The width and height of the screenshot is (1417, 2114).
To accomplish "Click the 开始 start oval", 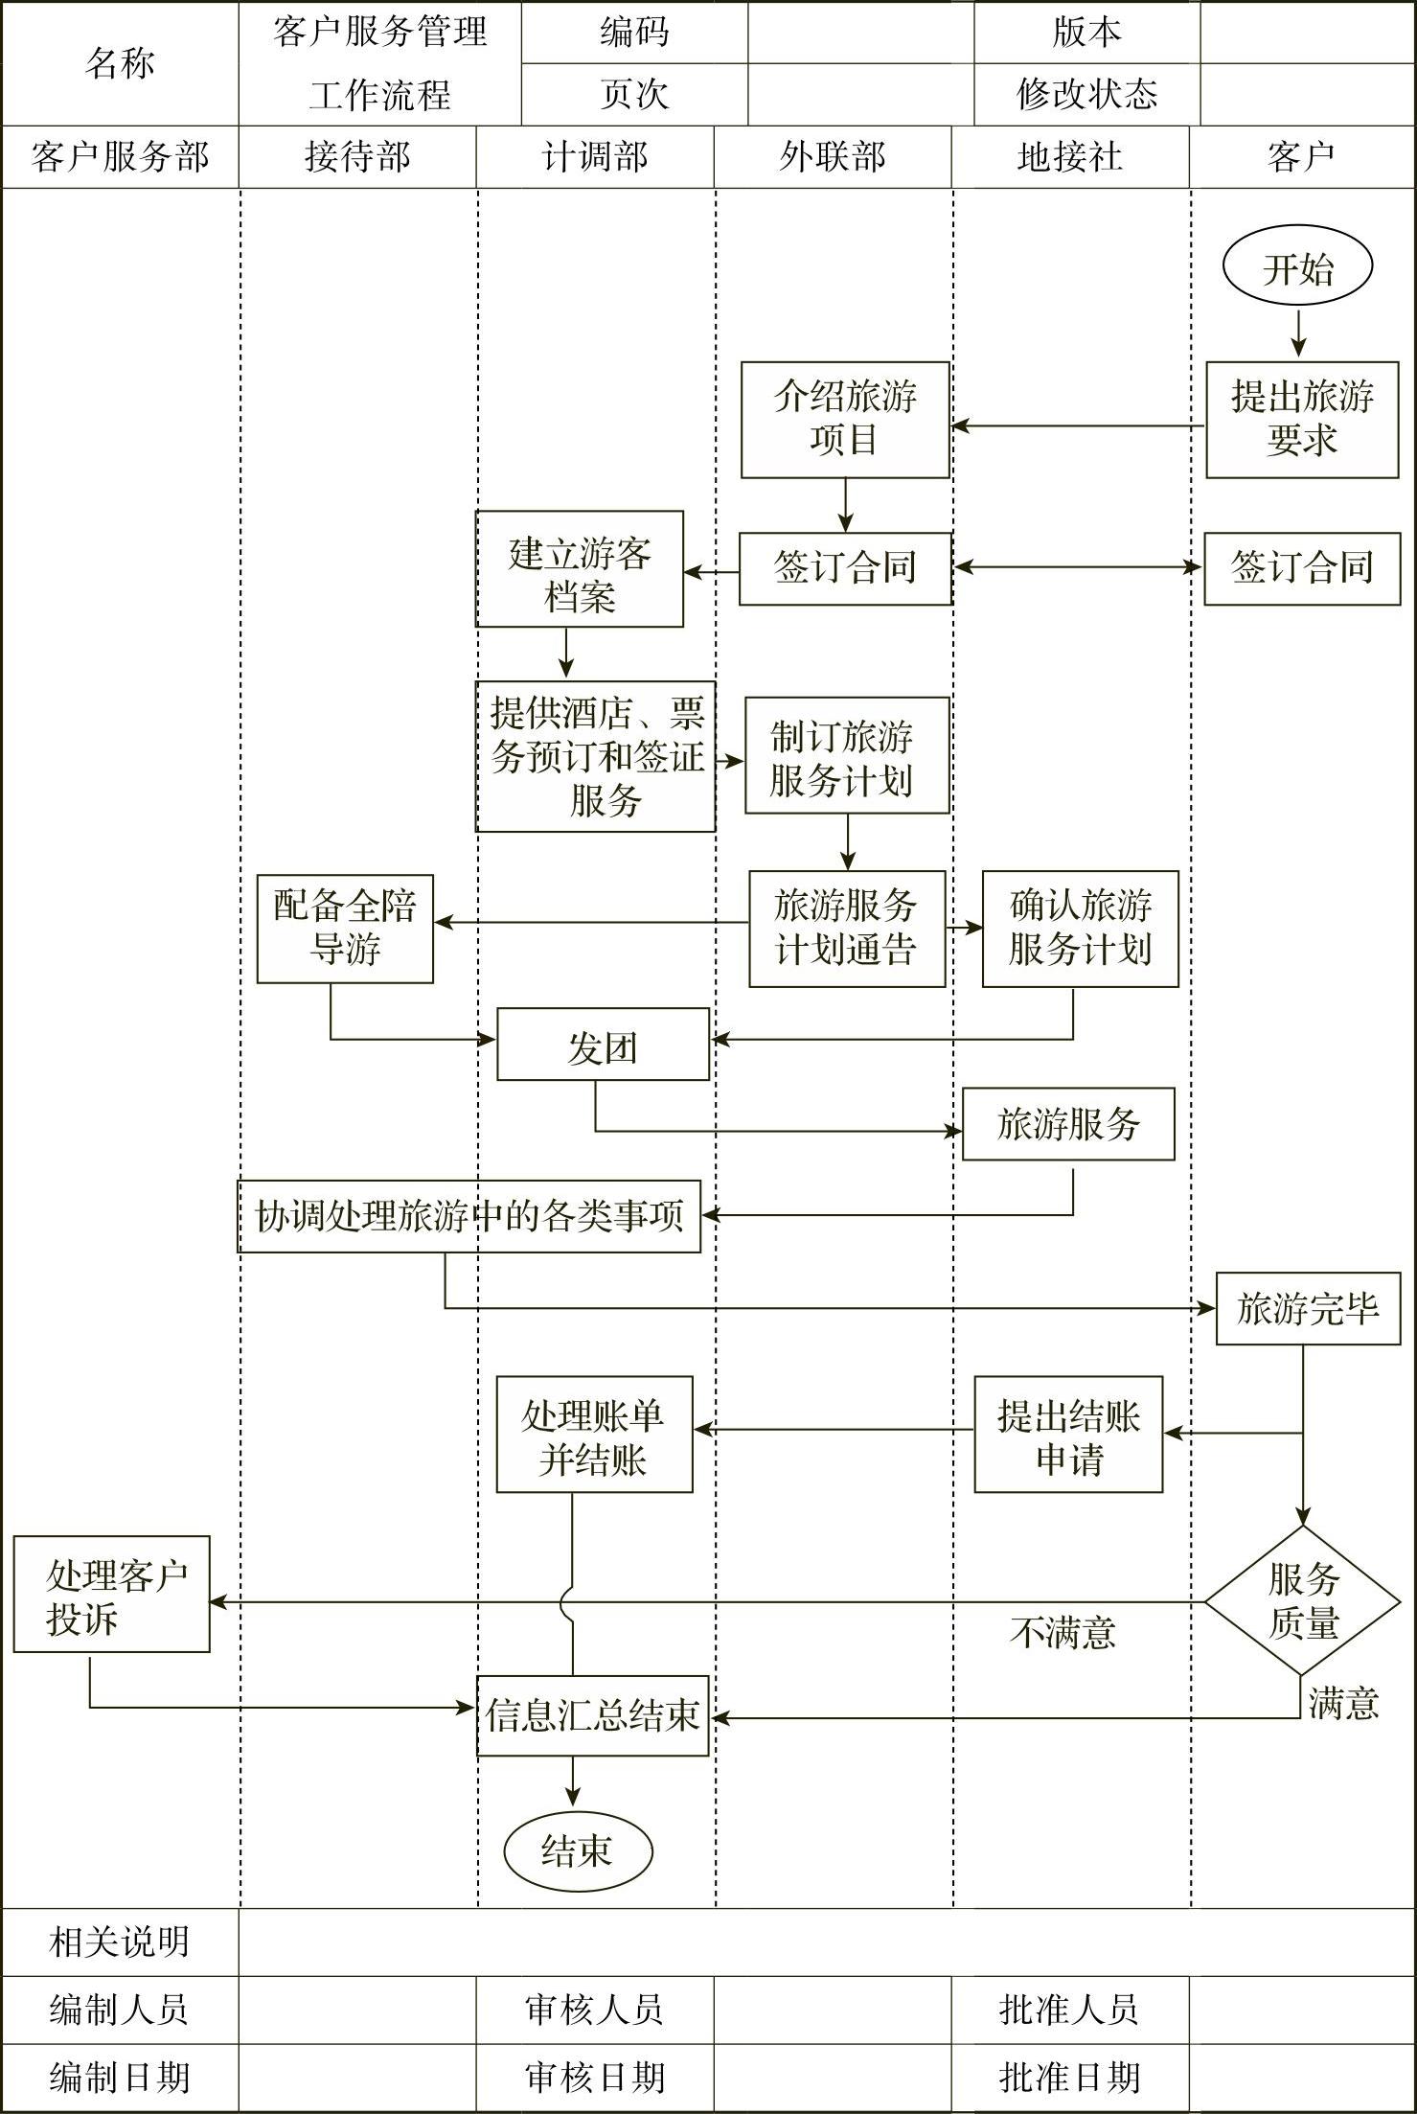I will [1297, 267].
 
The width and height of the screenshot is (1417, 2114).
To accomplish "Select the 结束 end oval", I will [578, 1850].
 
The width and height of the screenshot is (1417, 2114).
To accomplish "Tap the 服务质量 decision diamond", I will [1301, 1600].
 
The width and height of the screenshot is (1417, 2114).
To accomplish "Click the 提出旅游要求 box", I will [1301, 419].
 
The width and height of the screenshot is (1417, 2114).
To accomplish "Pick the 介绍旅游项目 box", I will [844, 419].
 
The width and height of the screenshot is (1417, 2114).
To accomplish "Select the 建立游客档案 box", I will [580, 569].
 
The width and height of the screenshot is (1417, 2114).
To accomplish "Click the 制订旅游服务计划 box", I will [846, 755].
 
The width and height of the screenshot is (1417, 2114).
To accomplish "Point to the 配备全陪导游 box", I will [345, 928].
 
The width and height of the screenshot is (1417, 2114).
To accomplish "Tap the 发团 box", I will [603, 1044].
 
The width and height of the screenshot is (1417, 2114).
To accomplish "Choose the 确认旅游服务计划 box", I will [1080, 928].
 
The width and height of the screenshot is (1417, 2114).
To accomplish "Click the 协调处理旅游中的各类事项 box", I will [469, 1216].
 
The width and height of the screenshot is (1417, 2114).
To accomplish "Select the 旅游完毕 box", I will [1308, 1308].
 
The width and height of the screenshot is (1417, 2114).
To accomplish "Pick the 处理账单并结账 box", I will [594, 1435].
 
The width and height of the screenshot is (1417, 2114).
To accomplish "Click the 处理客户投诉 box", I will [111, 1594].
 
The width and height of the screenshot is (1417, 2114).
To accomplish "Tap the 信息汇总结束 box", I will [593, 1715].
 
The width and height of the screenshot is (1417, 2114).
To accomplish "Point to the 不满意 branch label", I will [1063, 1631].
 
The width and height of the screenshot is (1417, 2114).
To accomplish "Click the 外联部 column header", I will [833, 157].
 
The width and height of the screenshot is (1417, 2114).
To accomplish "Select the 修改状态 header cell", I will [1086, 94].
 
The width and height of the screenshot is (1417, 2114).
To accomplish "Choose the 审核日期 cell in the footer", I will [595, 2078].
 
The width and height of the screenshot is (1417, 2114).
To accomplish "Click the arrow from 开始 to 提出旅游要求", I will [1299, 333].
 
